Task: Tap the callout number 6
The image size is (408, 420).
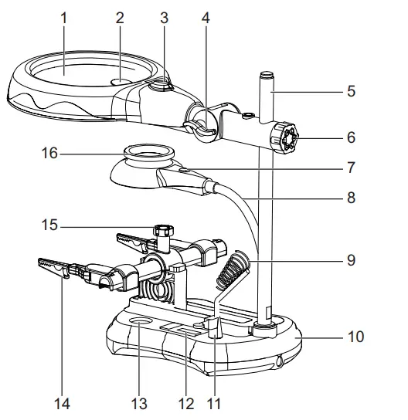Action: [x=351, y=138]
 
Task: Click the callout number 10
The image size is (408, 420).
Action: [x=355, y=337]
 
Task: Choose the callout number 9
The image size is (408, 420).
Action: [x=351, y=260]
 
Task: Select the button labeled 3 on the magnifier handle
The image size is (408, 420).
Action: [x=159, y=88]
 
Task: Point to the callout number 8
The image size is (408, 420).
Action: [x=351, y=198]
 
